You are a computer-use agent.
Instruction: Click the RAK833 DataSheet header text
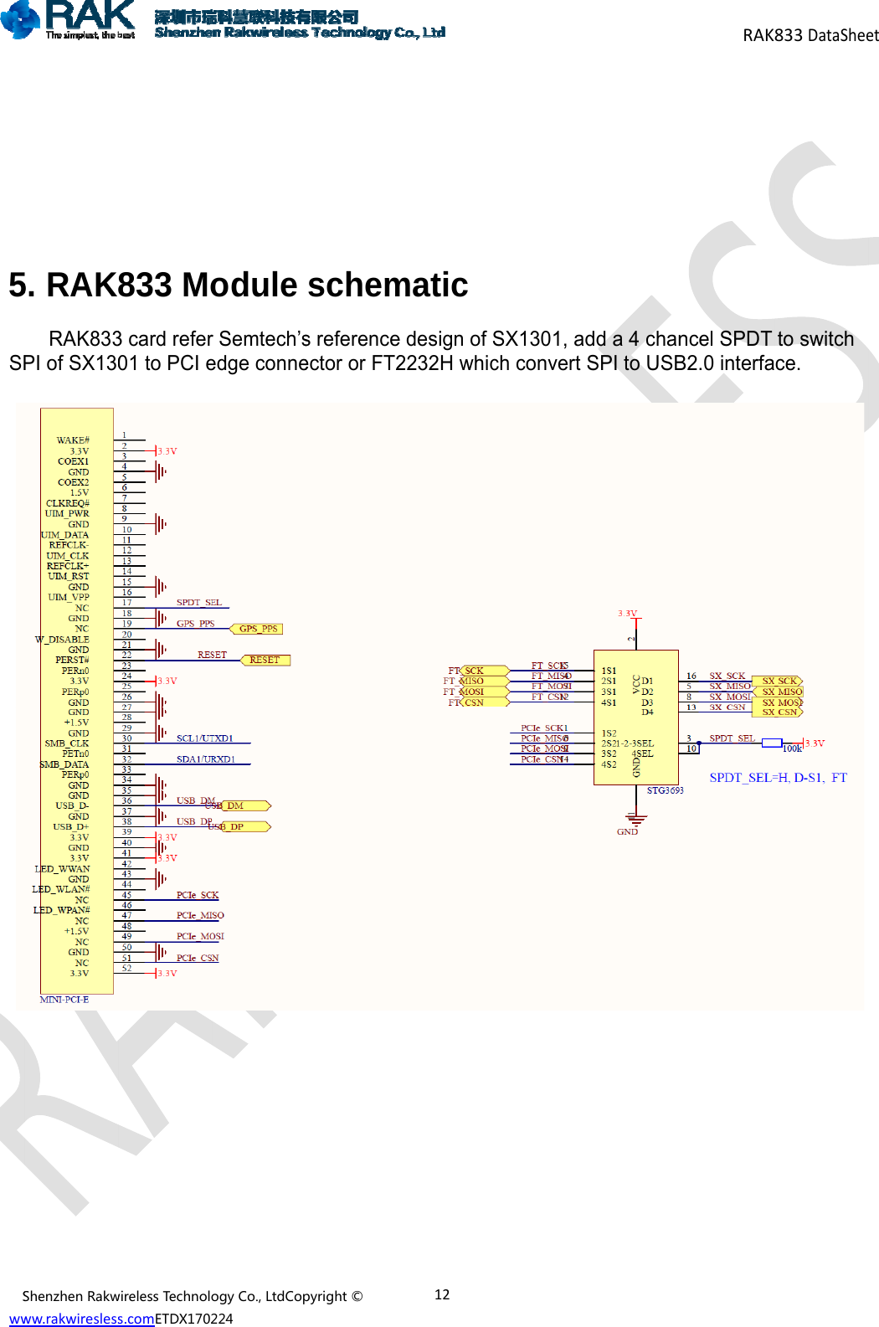coord(810,35)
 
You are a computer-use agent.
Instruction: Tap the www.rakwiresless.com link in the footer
coord(81,1319)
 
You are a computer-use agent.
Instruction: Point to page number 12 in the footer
coord(442,1294)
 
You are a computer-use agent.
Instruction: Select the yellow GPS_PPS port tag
coord(257,629)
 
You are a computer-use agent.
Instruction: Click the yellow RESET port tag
coord(265,660)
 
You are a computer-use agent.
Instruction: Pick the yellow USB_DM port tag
coord(241,805)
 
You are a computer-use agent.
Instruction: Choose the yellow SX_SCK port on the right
coord(779,681)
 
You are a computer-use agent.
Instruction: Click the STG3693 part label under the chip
coord(665,790)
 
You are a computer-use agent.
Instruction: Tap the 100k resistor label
coord(792,748)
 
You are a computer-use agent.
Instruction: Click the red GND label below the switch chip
coord(627,831)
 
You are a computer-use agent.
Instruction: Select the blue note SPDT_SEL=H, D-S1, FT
coord(778,778)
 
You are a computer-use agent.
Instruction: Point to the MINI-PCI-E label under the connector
coord(64,1000)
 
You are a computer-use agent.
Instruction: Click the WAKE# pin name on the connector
coord(73,440)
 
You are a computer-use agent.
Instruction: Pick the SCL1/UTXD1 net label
coord(204,738)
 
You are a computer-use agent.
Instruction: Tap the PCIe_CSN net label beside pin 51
coord(198,958)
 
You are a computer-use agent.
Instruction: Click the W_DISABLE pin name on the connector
coord(62,640)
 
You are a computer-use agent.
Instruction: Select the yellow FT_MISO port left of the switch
coord(474,681)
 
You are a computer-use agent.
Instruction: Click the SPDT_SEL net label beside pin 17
coord(199,603)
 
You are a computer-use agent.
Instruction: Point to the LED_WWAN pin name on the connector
coord(62,869)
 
